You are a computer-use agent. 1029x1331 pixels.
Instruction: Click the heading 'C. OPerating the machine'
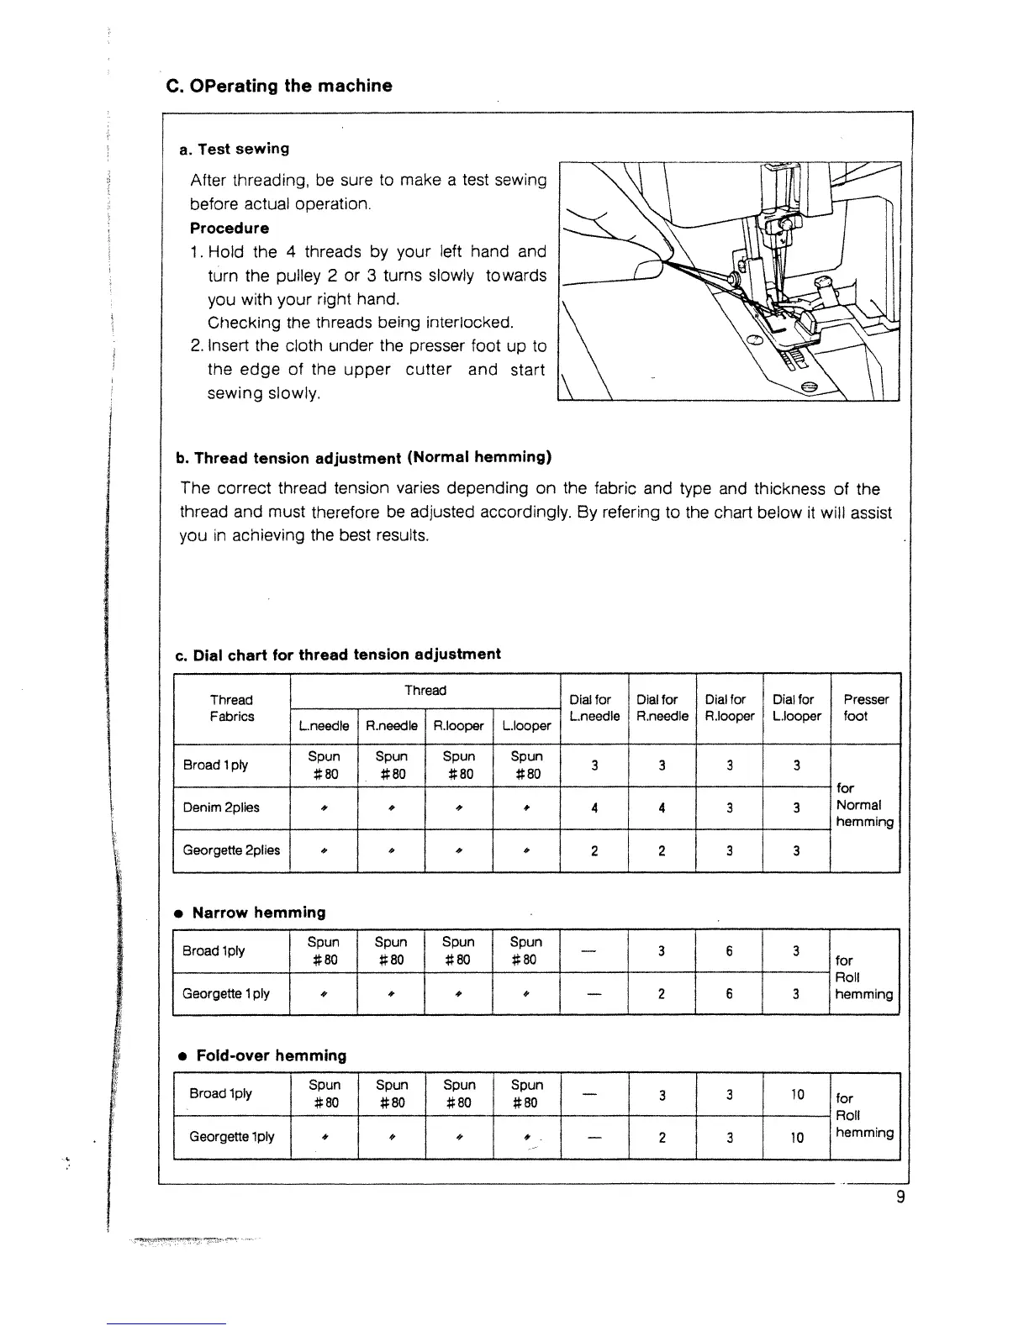[x=278, y=86]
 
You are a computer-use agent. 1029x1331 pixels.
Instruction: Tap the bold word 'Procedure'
[x=230, y=229]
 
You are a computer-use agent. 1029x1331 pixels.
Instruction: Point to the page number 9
[x=900, y=1198]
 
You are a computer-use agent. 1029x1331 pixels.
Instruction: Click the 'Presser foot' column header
[x=865, y=708]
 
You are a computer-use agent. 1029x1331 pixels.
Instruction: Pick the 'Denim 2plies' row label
[x=221, y=808]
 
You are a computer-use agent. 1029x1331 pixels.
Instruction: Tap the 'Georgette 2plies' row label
[x=231, y=850]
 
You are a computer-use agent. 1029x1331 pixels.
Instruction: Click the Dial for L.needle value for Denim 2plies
[x=594, y=808]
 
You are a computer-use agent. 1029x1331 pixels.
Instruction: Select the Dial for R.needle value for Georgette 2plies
[x=662, y=851]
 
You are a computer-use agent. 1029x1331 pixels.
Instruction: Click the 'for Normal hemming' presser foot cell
[x=864, y=805]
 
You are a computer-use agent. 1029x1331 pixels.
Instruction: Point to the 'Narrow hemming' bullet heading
[x=258, y=913]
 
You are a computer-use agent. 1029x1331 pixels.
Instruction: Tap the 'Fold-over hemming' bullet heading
[x=270, y=1055]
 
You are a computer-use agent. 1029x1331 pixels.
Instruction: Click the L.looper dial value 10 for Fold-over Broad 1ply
[x=797, y=1095]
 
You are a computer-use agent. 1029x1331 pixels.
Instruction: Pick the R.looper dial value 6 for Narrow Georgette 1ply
[x=729, y=994]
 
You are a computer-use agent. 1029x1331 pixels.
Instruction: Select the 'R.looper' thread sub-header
[x=458, y=726]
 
